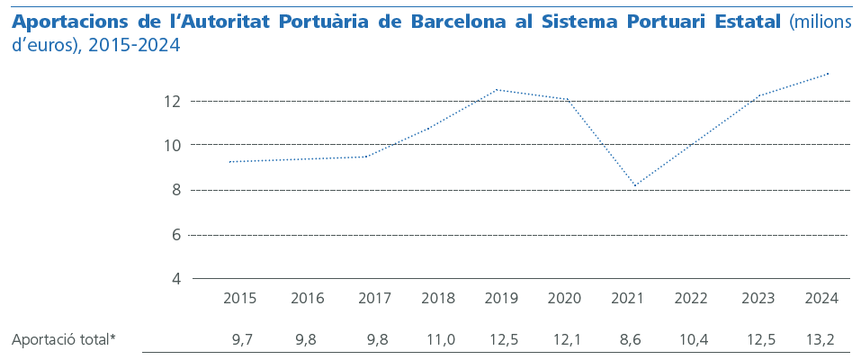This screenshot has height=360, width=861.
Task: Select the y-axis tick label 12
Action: tap(172, 102)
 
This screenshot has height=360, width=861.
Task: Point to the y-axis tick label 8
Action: tap(175, 190)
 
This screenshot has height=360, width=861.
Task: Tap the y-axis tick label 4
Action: tap(175, 279)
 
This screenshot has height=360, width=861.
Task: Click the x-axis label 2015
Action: tap(239, 299)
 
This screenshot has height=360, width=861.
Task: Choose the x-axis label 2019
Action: tap(497, 299)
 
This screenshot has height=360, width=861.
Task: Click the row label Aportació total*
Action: tap(63, 339)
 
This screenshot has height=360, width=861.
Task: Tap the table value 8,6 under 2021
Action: tap(627, 339)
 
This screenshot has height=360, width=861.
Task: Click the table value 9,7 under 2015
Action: tap(242, 339)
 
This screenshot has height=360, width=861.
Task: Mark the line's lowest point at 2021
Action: tap(635, 186)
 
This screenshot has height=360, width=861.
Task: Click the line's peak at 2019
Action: tap(497, 89)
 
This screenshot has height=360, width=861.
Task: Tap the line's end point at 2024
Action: tap(829, 73)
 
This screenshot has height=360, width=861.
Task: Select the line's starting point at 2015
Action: tap(229, 162)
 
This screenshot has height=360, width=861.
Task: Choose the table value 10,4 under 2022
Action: tap(691, 339)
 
